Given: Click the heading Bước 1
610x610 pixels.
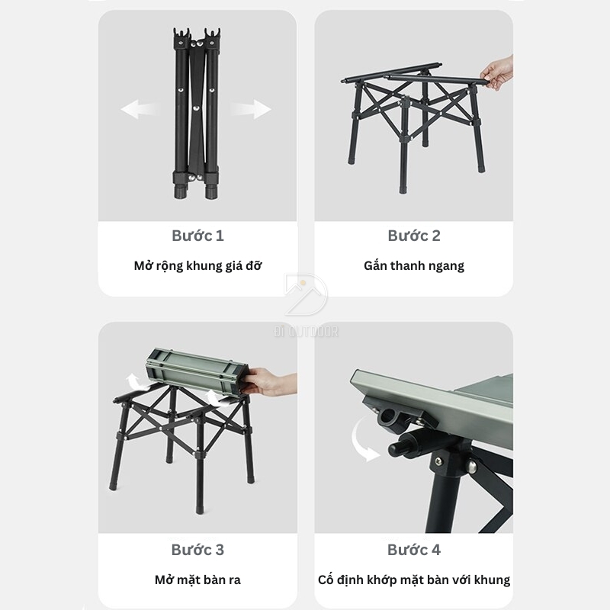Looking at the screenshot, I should (x=197, y=236).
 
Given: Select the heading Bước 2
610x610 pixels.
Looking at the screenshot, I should (x=414, y=236).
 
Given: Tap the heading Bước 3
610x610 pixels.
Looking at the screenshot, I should (x=197, y=550).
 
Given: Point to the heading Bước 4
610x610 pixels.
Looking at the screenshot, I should (x=414, y=550).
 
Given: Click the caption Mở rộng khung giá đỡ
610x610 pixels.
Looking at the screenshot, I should (x=197, y=266).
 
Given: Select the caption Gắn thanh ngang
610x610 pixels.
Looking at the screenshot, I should (x=414, y=266).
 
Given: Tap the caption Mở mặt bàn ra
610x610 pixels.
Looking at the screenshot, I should (x=197, y=580).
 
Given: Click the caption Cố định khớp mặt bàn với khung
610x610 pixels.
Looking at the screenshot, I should (x=414, y=580).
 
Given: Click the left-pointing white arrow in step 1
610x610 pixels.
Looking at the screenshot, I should (x=140, y=109).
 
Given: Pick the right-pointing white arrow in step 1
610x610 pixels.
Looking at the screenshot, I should (x=252, y=109).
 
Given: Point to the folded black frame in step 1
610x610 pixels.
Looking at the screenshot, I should (x=196, y=114).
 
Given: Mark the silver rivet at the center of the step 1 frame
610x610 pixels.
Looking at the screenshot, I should (x=196, y=110).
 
